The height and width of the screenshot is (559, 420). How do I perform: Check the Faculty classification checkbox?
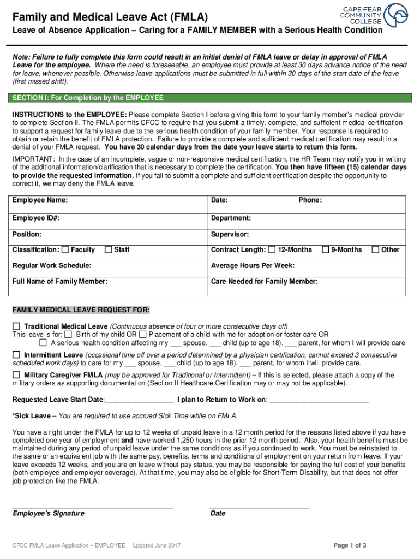[65, 250]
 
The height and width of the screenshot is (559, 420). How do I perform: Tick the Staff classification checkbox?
[109, 250]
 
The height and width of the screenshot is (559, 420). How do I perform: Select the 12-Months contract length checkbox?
[272, 250]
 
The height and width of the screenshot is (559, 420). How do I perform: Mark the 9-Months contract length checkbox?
[326, 250]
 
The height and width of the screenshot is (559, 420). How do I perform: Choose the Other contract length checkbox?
[375, 250]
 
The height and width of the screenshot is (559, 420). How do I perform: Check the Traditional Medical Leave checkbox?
[16, 326]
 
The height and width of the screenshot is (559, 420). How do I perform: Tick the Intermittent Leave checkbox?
[16, 355]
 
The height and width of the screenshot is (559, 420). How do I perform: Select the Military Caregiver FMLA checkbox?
[16, 375]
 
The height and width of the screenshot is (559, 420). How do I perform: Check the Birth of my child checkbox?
[68, 334]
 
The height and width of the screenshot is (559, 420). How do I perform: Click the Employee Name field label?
[40, 200]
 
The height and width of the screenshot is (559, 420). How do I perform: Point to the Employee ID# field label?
[36, 218]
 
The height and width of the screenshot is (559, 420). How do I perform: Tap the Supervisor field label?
[230, 234]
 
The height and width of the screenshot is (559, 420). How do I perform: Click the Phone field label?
[310, 200]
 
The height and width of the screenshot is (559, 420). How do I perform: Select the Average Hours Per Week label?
[253, 266]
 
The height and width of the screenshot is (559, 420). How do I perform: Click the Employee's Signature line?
[92, 506]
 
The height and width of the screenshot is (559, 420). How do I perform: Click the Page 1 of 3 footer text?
[350, 545]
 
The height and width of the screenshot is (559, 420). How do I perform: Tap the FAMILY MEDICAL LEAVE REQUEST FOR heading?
[81, 310]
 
